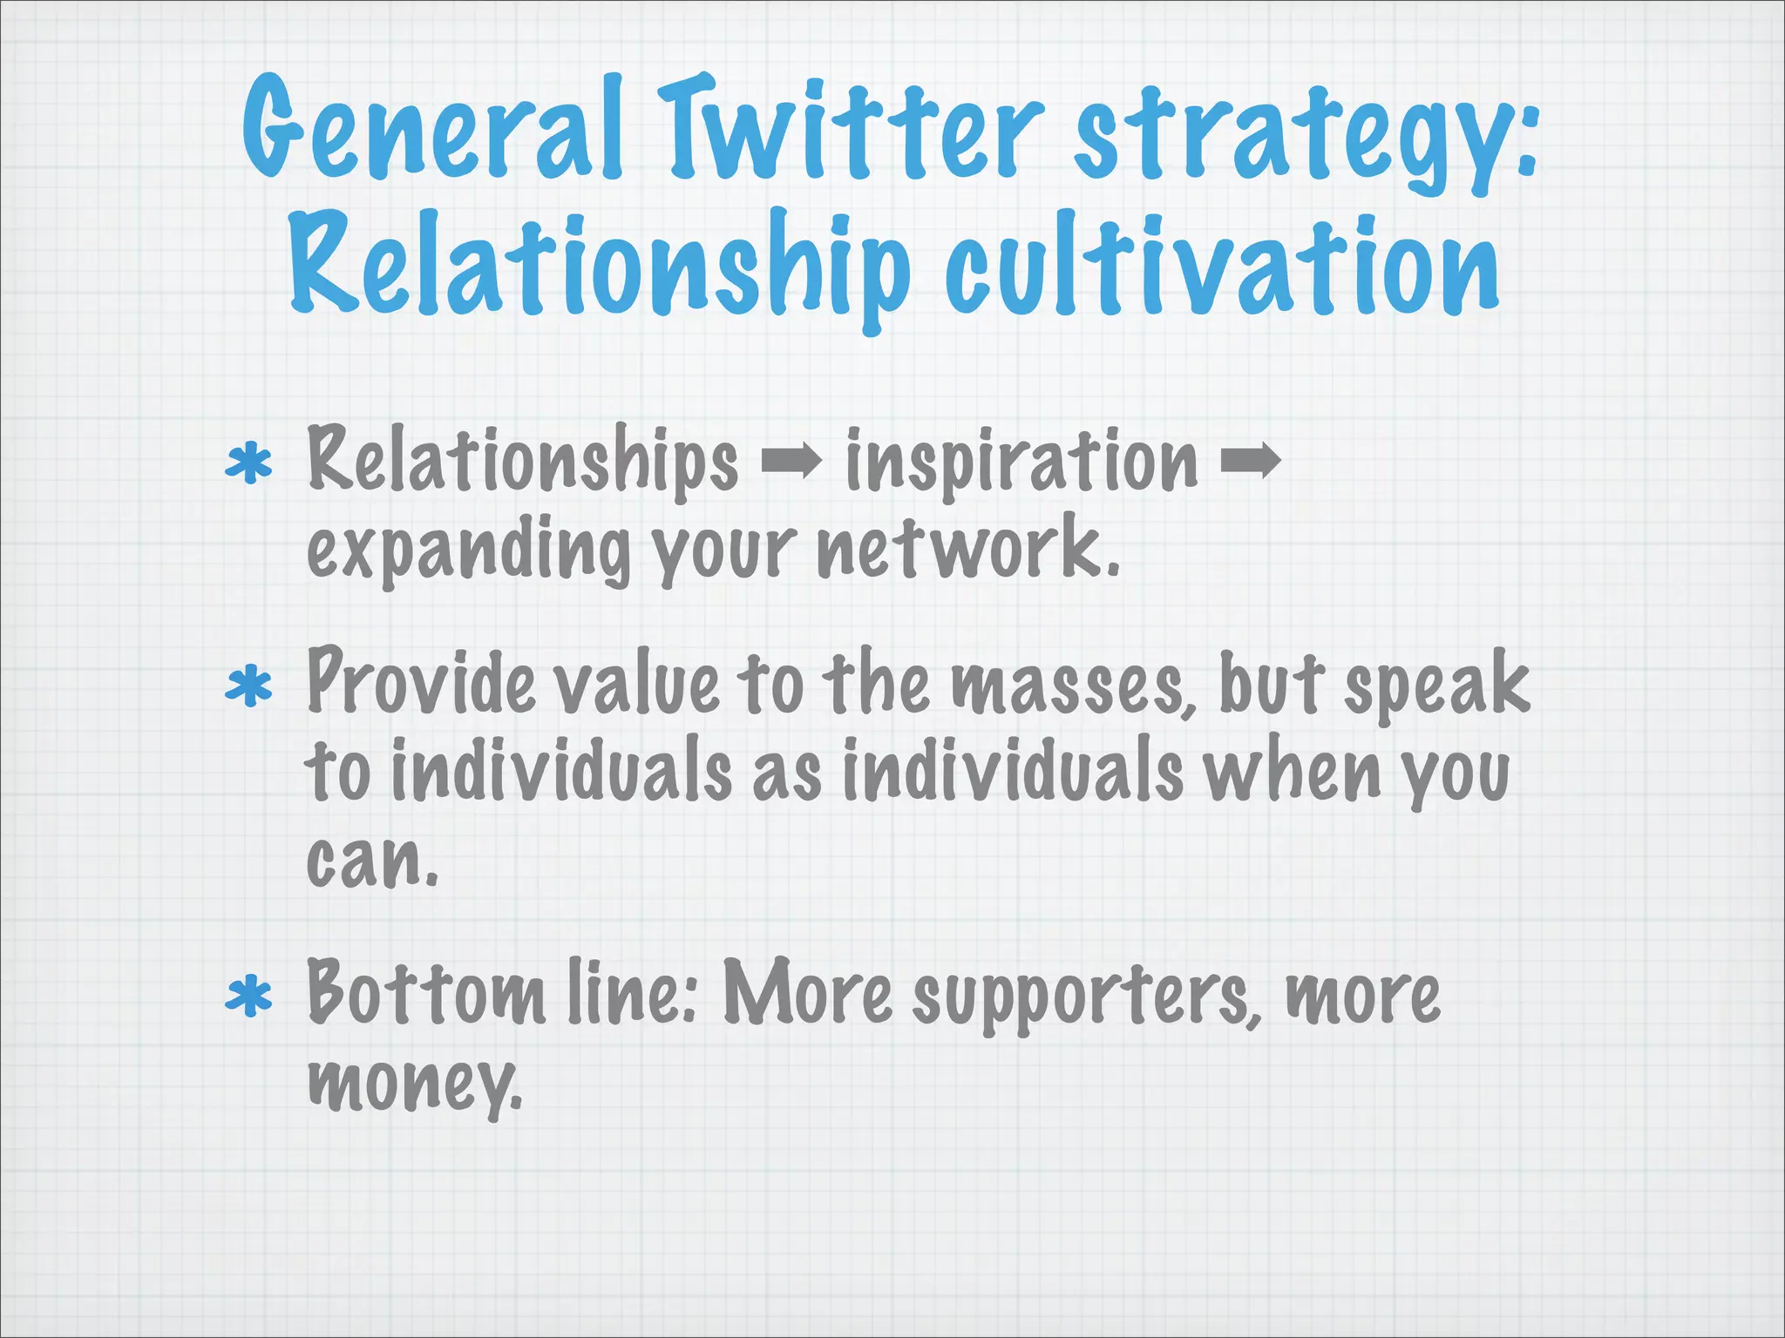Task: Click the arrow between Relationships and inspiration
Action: pyautogui.click(x=791, y=462)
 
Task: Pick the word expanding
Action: pyautogui.click(x=468, y=552)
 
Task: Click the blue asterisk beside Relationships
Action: pyautogui.click(x=249, y=463)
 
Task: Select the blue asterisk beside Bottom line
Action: pyautogui.click(x=249, y=997)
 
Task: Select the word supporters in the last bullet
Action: pyautogui.click(x=1085, y=997)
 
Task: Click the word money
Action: pyautogui.click(x=414, y=1085)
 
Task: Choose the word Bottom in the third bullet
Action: pyautogui.click(x=424, y=993)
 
